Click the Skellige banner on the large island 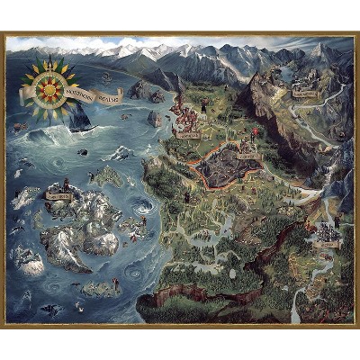[x=59, y=194]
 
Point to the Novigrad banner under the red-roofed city [x=189, y=134]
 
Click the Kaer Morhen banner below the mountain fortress [x=304, y=93]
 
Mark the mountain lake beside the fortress [x=327, y=72]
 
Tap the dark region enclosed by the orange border [x=229, y=166]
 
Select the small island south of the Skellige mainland [x=99, y=288]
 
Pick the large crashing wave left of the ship [x=40, y=135]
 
